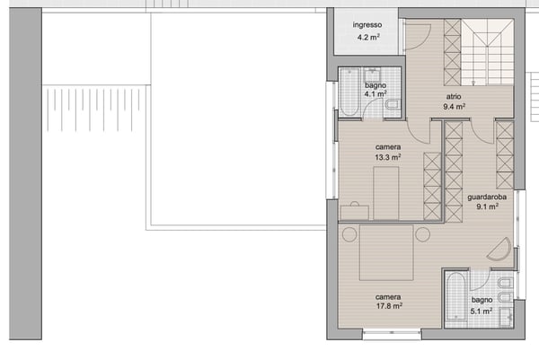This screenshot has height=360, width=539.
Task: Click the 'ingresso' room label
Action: tap(367, 25)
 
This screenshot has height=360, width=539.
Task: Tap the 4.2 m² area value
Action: tap(367, 38)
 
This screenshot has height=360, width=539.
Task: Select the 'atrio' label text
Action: tap(455, 95)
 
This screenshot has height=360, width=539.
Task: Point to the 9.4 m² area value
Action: tap(454, 106)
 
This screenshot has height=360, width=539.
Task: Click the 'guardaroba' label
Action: tap(488, 197)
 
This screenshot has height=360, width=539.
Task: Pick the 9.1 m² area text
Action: tap(488, 206)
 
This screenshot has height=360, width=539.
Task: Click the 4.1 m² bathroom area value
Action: tap(376, 93)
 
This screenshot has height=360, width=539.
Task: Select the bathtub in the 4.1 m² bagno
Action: tap(349, 92)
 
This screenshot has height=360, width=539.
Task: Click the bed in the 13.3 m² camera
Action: tap(386, 193)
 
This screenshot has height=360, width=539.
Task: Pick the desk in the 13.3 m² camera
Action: tap(355, 211)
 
